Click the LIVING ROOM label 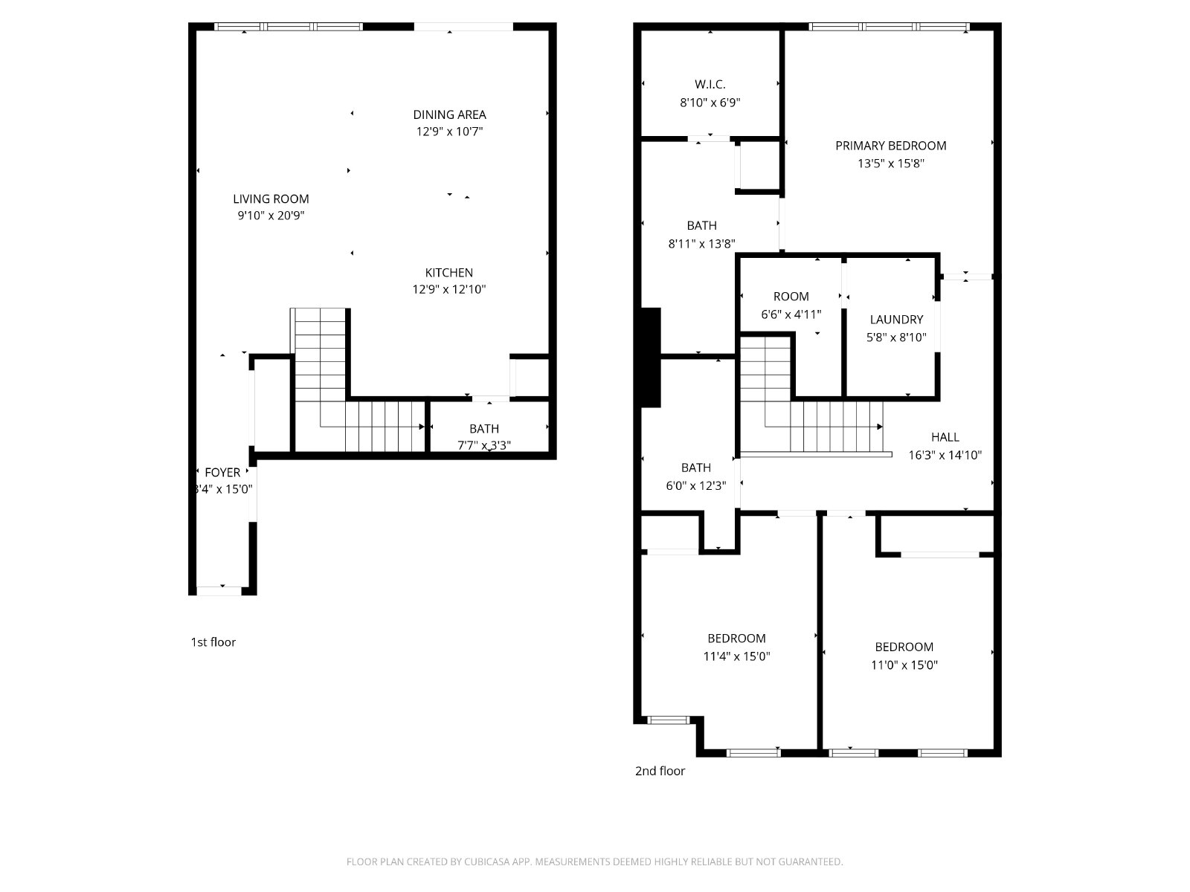point(271,198)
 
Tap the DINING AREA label point(449,114)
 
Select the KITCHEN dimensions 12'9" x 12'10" point(449,289)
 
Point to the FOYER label point(222,472)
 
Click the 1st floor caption point(213,641)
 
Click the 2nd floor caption point(660,771)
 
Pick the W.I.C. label point(710,85)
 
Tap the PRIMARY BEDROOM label point(891,146)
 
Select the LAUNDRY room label point(896,320)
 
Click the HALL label point(945,437)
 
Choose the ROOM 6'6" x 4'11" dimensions point(791,314)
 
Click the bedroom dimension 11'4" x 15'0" point(736,656)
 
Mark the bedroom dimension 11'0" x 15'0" point(904,665)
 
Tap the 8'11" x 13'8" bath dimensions point(701,244)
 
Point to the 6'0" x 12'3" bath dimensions point(695,485)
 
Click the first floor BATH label point(484,429)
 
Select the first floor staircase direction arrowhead point(421,427)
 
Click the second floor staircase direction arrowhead point(879,427)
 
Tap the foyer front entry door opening point(219,591)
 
